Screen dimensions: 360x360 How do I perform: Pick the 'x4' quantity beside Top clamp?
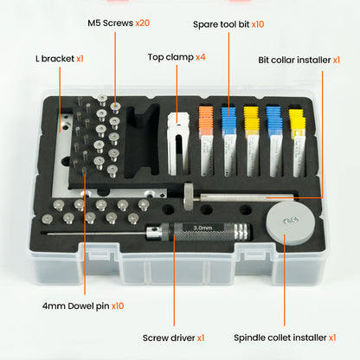[x=201, y=57]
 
